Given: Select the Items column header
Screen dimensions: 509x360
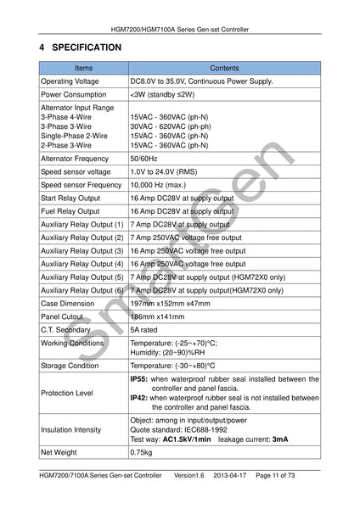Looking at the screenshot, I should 83,67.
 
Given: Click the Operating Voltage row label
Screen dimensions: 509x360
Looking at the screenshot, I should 70,81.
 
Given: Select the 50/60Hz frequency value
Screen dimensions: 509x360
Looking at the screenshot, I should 143,158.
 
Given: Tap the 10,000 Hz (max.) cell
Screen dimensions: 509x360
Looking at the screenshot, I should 159,184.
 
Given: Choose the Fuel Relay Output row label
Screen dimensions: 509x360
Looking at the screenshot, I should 70,211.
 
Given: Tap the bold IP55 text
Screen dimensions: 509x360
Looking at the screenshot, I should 138,379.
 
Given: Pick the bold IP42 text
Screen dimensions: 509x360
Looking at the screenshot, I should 138,398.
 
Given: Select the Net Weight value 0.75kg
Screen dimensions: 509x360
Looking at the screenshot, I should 142,453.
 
